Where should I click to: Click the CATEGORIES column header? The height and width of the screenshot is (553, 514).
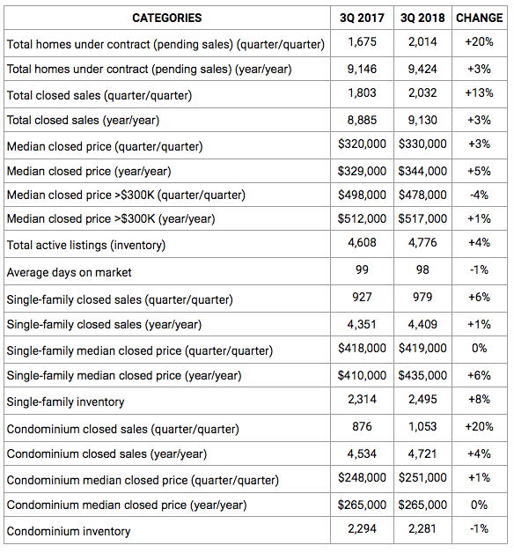pos(166,18)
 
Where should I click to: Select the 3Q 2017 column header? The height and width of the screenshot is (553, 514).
pos(362,18)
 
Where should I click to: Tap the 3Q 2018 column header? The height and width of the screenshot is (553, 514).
pos(422,18)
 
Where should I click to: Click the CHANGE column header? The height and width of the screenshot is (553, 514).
pos(479,18)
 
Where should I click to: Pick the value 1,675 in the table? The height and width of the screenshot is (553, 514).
pos(362,42)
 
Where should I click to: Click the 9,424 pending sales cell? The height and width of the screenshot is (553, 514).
pos(422,69)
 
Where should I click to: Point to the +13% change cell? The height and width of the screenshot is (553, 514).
pos(479,93)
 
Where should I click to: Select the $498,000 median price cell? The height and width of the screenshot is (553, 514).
pos(362,195)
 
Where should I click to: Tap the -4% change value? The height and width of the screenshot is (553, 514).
pos(479,195)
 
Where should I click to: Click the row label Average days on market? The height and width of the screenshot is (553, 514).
pos(70,273)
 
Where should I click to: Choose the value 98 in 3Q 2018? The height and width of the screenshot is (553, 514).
pos(422,270)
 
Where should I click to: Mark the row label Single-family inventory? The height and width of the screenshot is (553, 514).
pos(66,402)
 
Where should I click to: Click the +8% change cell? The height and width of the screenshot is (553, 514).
pos(479,400)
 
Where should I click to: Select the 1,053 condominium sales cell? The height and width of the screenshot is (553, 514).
pos(422,427)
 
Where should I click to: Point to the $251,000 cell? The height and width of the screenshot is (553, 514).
pos(422,478)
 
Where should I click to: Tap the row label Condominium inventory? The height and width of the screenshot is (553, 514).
pos(69,532)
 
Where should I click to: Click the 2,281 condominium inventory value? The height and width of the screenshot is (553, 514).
pos(422,529)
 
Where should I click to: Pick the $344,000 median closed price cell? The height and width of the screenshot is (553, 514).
pos(422,172)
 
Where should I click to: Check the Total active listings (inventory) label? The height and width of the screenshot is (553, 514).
pos(86,246)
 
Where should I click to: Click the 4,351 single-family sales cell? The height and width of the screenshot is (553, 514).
pos(362,324)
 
